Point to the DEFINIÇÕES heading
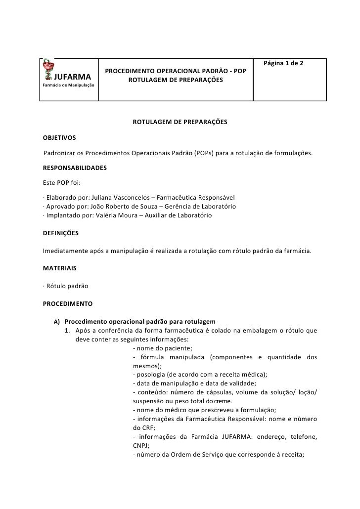click(x=60, y=232)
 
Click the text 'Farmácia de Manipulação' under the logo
click(x=68, y=85)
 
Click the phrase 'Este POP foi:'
click(x=59, y=183)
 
